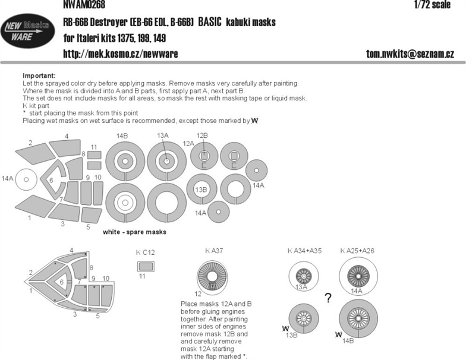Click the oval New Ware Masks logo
27,31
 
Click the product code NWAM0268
84,5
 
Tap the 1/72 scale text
433,5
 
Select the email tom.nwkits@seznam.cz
410,53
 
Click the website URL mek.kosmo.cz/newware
120,53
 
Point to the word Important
39,76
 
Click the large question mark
328,298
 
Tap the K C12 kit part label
145,252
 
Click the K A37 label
214,251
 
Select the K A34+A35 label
304,251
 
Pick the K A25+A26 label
357,251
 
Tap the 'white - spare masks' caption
134,232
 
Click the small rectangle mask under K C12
146,266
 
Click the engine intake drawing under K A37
212,276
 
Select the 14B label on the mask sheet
122,136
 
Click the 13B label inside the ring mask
201,190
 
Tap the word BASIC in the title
210,22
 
